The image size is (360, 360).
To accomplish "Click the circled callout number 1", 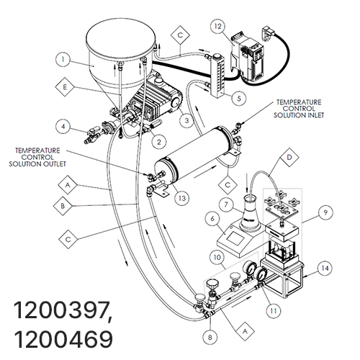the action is (x=63, y=59).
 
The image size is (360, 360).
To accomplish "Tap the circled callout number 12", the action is (x=218, y=27).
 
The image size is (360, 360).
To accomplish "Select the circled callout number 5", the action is (x=239, y=98).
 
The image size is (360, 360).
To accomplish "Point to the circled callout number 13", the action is (x=182, y=198).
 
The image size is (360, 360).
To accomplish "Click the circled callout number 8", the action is (x=210, y=337).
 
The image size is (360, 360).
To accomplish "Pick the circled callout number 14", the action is (x=325, y=268).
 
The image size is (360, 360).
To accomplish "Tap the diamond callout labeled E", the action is (x=65, y=87).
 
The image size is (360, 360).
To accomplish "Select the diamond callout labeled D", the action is (x=289, y=157).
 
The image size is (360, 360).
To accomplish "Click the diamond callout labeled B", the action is (x=63, y=206).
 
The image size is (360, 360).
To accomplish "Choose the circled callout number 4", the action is (x=63, y=127).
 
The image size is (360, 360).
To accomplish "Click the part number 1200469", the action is (x=63, y=339).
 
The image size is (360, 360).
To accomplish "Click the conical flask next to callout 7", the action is (x=250, y=215).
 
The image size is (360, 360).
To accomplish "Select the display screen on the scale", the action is (x=234, y=239).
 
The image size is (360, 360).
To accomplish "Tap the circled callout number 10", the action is (x=217, y=258).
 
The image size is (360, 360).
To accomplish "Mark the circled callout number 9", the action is (x=325, y=212).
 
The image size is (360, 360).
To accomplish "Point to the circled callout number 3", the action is (x=187, y=120).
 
